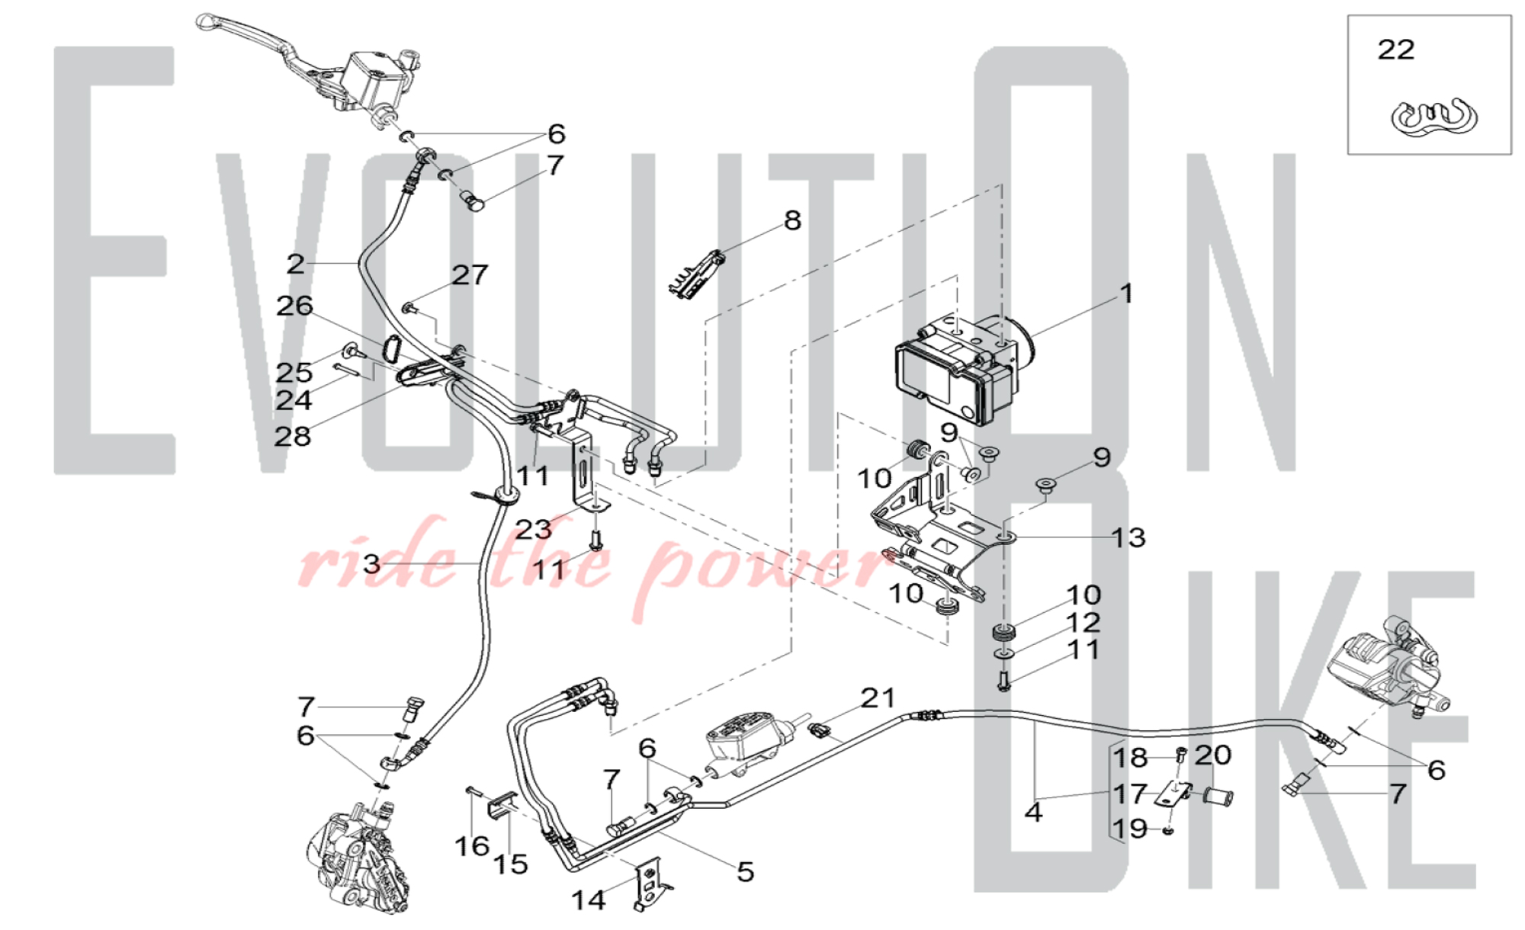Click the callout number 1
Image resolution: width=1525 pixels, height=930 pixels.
click(1126, 293)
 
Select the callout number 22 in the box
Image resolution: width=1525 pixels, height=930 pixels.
click(1396, 50)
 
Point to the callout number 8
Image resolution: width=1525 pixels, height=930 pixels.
click(793, 220)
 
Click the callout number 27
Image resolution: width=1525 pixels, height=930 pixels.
click(470, 275)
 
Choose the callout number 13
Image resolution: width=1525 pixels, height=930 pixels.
click(1128, 537)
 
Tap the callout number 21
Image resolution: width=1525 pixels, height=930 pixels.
click(878, 697)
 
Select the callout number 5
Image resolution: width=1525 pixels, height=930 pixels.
click(746, 871)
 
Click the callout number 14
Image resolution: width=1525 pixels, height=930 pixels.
click(589, 900)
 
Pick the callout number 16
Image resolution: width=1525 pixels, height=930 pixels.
click(472, 846)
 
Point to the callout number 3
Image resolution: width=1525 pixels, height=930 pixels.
click(371, 564)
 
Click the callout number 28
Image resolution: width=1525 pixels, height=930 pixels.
click(293, 436)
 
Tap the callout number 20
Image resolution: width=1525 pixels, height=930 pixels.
click(1213, 755)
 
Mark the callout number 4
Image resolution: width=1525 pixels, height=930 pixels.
click(1033, 812)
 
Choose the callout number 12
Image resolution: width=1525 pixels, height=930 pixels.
click(1084, 623)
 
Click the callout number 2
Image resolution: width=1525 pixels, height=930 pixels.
click(296, 264)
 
